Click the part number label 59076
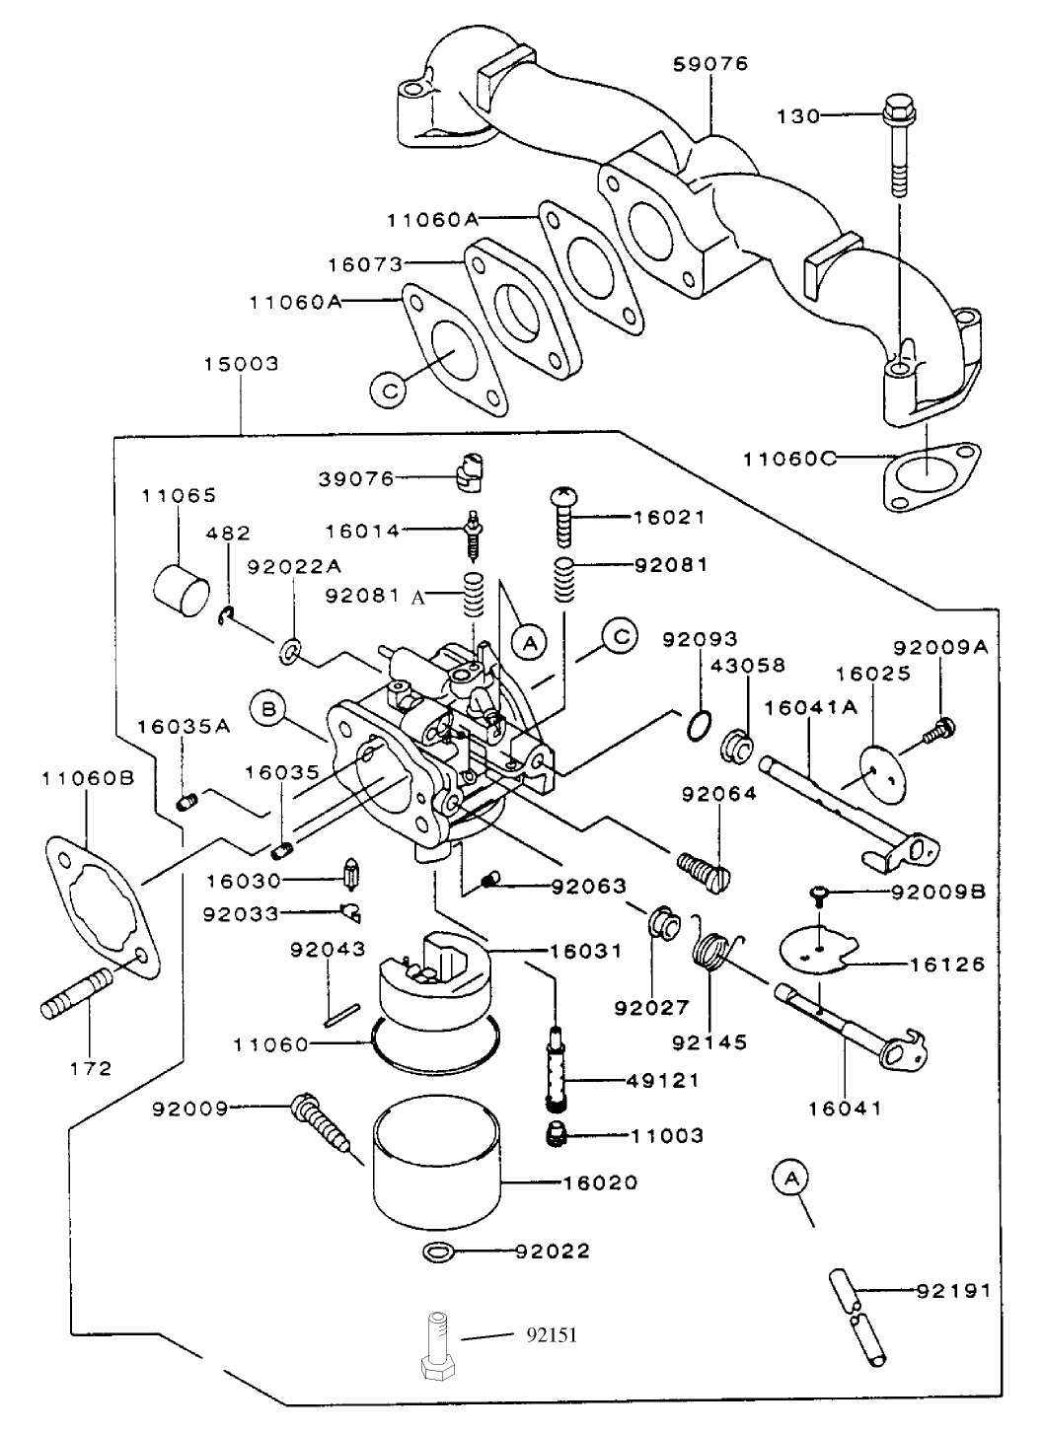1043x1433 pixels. pos(710,64)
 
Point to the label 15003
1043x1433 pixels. pos(241,364)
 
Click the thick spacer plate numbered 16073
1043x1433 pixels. pos(519,306)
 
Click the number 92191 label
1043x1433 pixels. pos(953,1290)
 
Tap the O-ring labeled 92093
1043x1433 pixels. pos(698,726)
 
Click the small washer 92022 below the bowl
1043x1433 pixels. pos(438,1253)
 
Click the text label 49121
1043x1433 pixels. pos(663,1080)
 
